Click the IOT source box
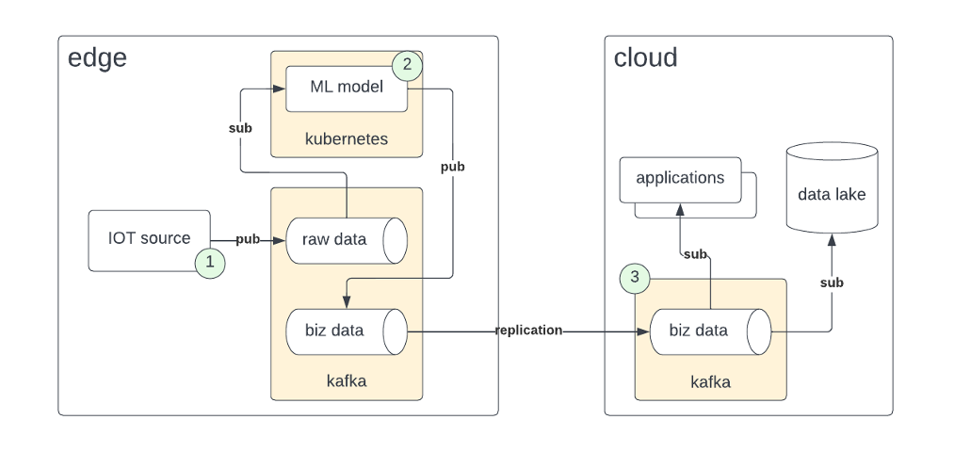click(x=149, y=239)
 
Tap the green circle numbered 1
click(x=210, y=264)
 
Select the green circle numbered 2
click(x=407, y=65)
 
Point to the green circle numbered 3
click(x=635, y=278)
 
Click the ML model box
click(x=347, y=88)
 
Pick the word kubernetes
click(x=347, y=139)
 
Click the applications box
click(x=680, y=179)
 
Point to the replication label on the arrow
click(x=529, y=331)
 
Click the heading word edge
click(x=97, y=58)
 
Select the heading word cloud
click(x=645, y=58)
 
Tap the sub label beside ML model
click(x=241, y=127)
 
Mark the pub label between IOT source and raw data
click(x=248, y=240)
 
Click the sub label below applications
click(x=695, y=254)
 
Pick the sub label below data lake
click(x=832, y=282)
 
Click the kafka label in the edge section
click(x=346, y=381)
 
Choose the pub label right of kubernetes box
click(x=453, y=168)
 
